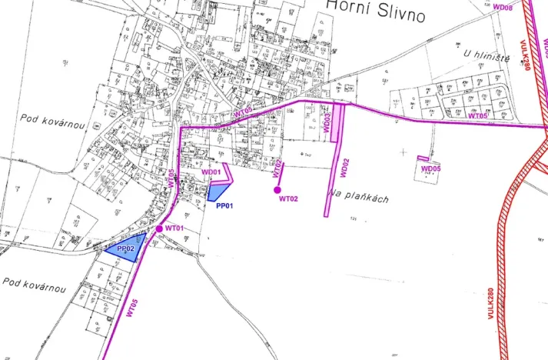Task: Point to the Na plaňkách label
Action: tap(358, 196)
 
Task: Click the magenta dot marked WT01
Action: tap(159, 229)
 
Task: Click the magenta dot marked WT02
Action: tap(277, 188)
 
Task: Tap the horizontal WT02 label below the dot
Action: tap(289, 198)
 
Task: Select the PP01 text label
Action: tap(224, 206)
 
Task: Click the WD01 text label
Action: tap(211, 172)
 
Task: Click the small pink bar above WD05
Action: tap(423, 159)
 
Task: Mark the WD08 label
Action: tap(503, 6)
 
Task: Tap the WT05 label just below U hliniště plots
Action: tap(478, 116)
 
